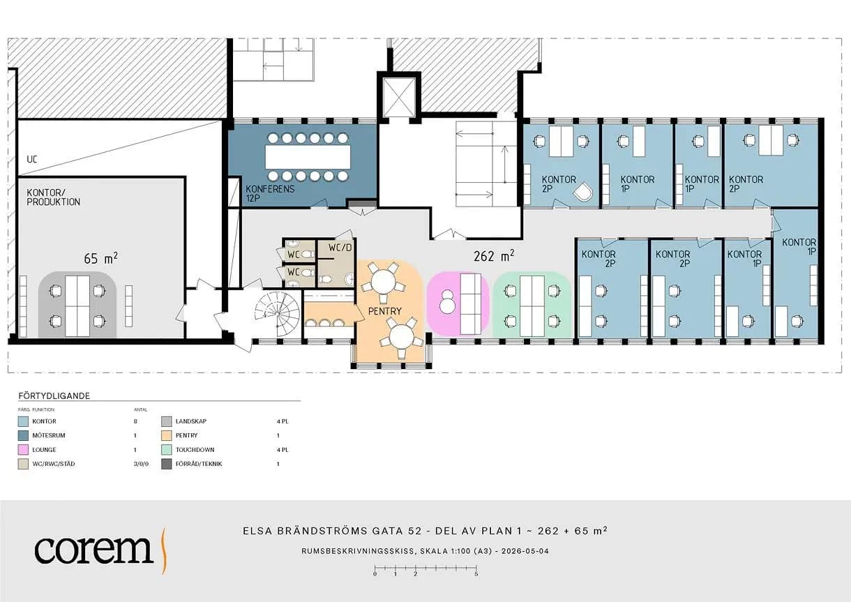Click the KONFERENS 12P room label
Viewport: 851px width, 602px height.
270,193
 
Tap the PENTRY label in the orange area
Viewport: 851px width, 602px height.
385,311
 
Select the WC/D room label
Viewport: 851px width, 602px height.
340,248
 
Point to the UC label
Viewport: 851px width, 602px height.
32,160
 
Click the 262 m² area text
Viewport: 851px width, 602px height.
494,256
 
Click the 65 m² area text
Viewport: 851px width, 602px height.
100,258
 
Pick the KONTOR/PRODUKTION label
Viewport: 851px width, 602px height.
53,197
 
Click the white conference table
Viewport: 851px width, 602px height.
308,157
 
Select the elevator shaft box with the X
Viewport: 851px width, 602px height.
398,97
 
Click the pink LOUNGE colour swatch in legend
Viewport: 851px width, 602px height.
23,450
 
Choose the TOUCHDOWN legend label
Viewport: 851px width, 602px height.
195,450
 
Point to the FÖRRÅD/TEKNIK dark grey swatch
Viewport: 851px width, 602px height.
167,464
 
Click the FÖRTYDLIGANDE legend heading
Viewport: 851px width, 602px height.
54,396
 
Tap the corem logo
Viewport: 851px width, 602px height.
100,550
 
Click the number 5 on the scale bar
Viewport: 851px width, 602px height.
476,574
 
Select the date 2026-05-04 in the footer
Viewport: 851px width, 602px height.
525,551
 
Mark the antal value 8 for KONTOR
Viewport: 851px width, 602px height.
135,421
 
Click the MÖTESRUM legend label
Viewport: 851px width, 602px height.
49,436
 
